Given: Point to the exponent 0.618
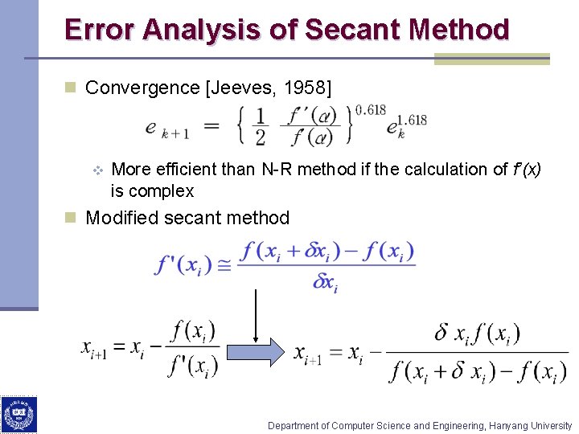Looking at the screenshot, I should pyautogui.click(x=369, y=109).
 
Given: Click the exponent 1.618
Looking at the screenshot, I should pyautogui.click(x=412, y=121).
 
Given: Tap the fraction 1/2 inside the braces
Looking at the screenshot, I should pyautogui.click(x=260, y=127).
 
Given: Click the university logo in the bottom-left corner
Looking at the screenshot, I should pyautogui.click(x=18, y=415).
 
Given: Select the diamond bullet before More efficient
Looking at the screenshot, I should pyautogui.click(x=96, y=170).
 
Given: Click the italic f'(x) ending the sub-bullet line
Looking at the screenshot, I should pyautogui.click(x=526, y=170).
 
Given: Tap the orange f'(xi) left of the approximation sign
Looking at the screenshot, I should pyautogui.click(x=185, y=264).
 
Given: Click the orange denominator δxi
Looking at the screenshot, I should pyautogui.click(x=325, y=282).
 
